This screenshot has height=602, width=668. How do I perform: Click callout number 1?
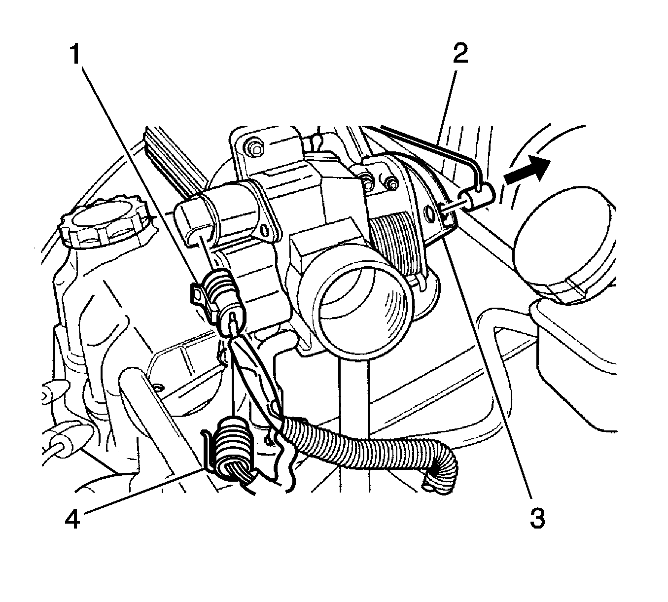click(x=76, y=54)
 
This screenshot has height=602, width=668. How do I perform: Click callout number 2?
click(x=460, y=53)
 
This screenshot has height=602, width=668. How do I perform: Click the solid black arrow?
click(x=527, y=171)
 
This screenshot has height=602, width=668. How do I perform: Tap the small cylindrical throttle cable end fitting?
click(x=477, y=201)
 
